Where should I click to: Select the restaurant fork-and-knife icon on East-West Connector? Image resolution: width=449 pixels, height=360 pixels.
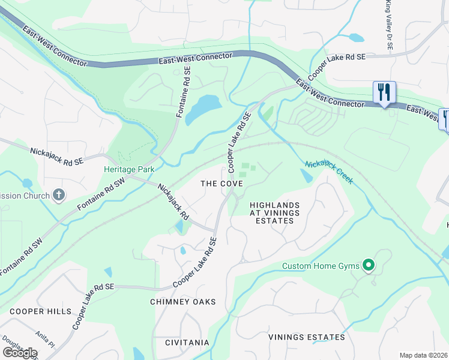[x=384, y=92]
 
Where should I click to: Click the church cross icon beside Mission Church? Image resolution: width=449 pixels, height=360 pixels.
[x=58, y=194]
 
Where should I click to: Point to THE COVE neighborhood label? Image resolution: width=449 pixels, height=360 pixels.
[x=221, y=183]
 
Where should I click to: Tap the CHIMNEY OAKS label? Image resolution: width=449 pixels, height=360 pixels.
[x=182, y=302]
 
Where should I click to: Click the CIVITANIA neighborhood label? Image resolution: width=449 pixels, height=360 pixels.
[x=187, y=343]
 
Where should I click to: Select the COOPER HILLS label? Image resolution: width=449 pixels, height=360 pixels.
[x=40, y=311]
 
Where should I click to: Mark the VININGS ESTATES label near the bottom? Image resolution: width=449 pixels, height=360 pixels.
[x=307, y=337]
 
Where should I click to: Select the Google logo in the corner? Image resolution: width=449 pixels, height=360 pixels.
[x=19, y=352]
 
